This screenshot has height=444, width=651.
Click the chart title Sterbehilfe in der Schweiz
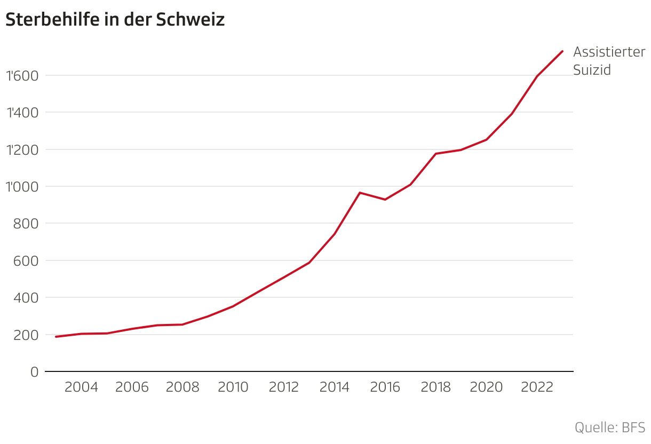[x=115, y=20]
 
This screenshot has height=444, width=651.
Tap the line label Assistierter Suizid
[x=609, y=61]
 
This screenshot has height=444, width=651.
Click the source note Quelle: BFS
[x=610, y=427]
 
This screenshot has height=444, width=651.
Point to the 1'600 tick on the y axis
[x=22, y=76]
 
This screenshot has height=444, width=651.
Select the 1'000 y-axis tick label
[x=22, y=187]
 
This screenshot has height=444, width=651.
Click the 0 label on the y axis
[x=35, y=372]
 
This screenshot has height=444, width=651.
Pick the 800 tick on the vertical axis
[x=26, y=224]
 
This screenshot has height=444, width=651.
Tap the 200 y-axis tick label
[x=26, y=335]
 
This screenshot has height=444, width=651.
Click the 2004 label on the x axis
[x=81, y=387]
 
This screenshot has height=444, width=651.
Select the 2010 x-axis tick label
[x=233, y=387]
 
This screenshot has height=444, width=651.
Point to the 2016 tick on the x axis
[x=385, y=387]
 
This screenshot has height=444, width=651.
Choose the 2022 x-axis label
[x=537, y=387]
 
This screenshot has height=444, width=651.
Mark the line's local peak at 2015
[x=360, y=193]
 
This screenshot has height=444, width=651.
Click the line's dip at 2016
[x=385, y=200]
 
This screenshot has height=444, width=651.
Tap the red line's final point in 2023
[x=562, y=51]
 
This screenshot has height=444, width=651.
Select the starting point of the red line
[x=56, y=337]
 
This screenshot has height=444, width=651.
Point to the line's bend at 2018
[x=435, y=154]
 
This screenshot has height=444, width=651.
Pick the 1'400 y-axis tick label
[x=22, y=113]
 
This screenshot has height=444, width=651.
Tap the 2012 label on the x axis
[x=284, y=387]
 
